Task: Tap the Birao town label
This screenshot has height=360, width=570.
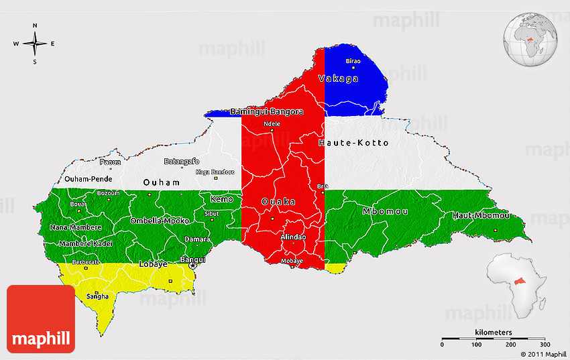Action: pos(353,61)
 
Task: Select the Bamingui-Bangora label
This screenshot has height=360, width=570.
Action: pos(266,111)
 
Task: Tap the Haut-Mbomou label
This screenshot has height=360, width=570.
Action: pos(481,215)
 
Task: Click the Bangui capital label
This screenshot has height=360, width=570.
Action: pos(193,259)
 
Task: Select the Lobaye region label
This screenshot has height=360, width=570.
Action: pos(153,264)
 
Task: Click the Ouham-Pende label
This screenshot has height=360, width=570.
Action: pos(88,180)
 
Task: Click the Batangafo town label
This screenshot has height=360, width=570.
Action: pos(182,161)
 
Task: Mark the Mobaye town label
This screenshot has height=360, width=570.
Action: pos(292,260)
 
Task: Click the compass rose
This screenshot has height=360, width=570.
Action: pos(34,44)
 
